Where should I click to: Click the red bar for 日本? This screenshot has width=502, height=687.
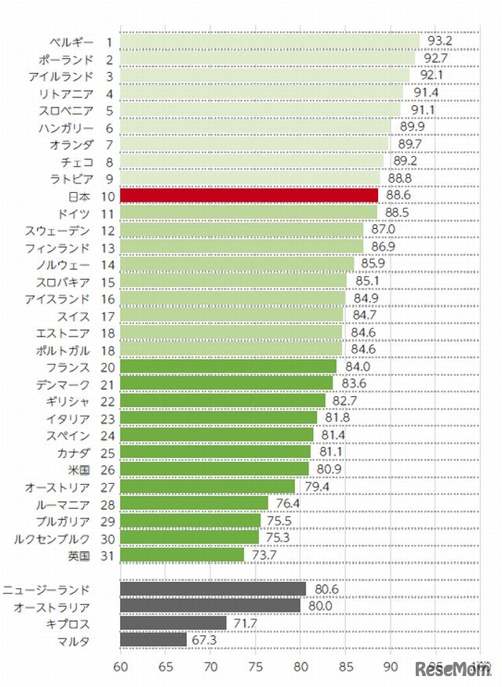tap(249, 195)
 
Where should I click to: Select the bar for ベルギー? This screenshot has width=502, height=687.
tap(270, 42)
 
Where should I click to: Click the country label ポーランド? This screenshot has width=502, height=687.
tap(67, 59)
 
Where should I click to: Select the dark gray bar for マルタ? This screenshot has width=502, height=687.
tap(154, 640)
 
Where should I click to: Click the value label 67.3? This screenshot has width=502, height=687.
tap(206, 640)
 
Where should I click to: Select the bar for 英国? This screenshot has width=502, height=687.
tap(182, 555)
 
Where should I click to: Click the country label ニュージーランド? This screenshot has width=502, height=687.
tap(46, 589)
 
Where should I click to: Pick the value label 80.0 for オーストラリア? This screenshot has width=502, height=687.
tap(320, 606)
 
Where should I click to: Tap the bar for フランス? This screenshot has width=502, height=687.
tap(228, 366)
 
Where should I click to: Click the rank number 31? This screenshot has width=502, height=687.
tap(108, 555)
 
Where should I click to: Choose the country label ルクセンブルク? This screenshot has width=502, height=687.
tap(53, 538)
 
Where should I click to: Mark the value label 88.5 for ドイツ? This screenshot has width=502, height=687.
tap(397, 213)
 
